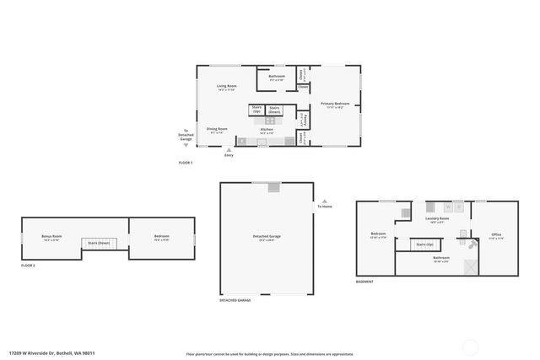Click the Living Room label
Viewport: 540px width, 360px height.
pyautogui.click(x=225, y=87)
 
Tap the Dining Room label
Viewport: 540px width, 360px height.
pyautogui.click(x=217, y=131)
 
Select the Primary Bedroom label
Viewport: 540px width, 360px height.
pyautogui.click(x=336, y=105)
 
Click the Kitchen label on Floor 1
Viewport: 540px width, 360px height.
pyautogui.click(x=266, y=131)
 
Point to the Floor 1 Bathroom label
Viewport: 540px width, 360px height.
pyautogui.click(x=277, y=78)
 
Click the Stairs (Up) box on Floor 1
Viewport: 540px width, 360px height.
pyautogui.click(x=257, y=110)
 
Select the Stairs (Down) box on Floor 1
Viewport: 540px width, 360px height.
pyautogui.click(x=275, y=110)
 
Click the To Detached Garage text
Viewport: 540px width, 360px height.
pyautogui.click(x=185, y=134)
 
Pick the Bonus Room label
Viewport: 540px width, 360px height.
pyautogui.click(x=51, y=238)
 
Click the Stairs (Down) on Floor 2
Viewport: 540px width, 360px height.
pyautogui.click(x=98, y=243)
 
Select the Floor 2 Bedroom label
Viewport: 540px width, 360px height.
pyautogui.click(x=161, y=238)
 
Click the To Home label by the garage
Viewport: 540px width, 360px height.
pyautogui.click(x=325, y=206)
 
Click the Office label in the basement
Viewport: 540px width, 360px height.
pyautogui.click(x=495, y=237)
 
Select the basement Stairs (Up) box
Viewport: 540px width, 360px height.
pyautogui.click(x=424, y=244)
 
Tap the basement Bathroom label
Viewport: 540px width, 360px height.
pyautogui.click(x=440, y=259)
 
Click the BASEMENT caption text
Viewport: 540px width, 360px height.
pyautogui.click(x=364, y=282)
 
